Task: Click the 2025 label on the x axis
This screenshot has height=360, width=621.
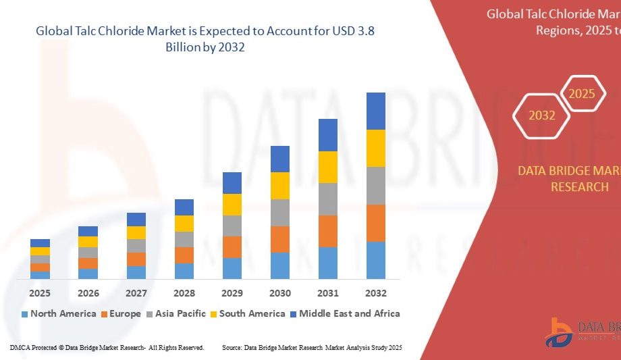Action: click(x=40, y=293)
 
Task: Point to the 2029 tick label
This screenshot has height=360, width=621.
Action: click(x=232, y=293)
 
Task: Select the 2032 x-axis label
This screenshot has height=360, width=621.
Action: click(x=376, y=293)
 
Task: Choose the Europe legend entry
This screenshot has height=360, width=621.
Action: click(x=121, y=313)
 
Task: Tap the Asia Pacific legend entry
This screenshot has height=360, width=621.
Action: click(x=176, y=313)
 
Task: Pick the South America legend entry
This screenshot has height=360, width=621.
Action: click(x=247, y=313)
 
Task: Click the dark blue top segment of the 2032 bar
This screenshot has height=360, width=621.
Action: click(x=376, y=111)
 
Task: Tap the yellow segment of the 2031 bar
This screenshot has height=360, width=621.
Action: click(x=328, y=167)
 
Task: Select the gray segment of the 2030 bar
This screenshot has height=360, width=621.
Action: click(x=280, y=212)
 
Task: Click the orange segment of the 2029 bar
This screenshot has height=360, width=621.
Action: click(x=232, y=247)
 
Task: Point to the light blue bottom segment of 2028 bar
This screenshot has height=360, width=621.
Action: click(x=184, y=271)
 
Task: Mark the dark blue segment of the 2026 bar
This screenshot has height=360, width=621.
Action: click(x=88, y=231)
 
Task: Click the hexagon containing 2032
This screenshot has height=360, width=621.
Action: click(x=541, y=115)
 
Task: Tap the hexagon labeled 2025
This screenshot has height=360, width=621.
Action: click(x=581, y=94)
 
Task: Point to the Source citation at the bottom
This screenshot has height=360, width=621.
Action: click(x=312, y=347)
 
